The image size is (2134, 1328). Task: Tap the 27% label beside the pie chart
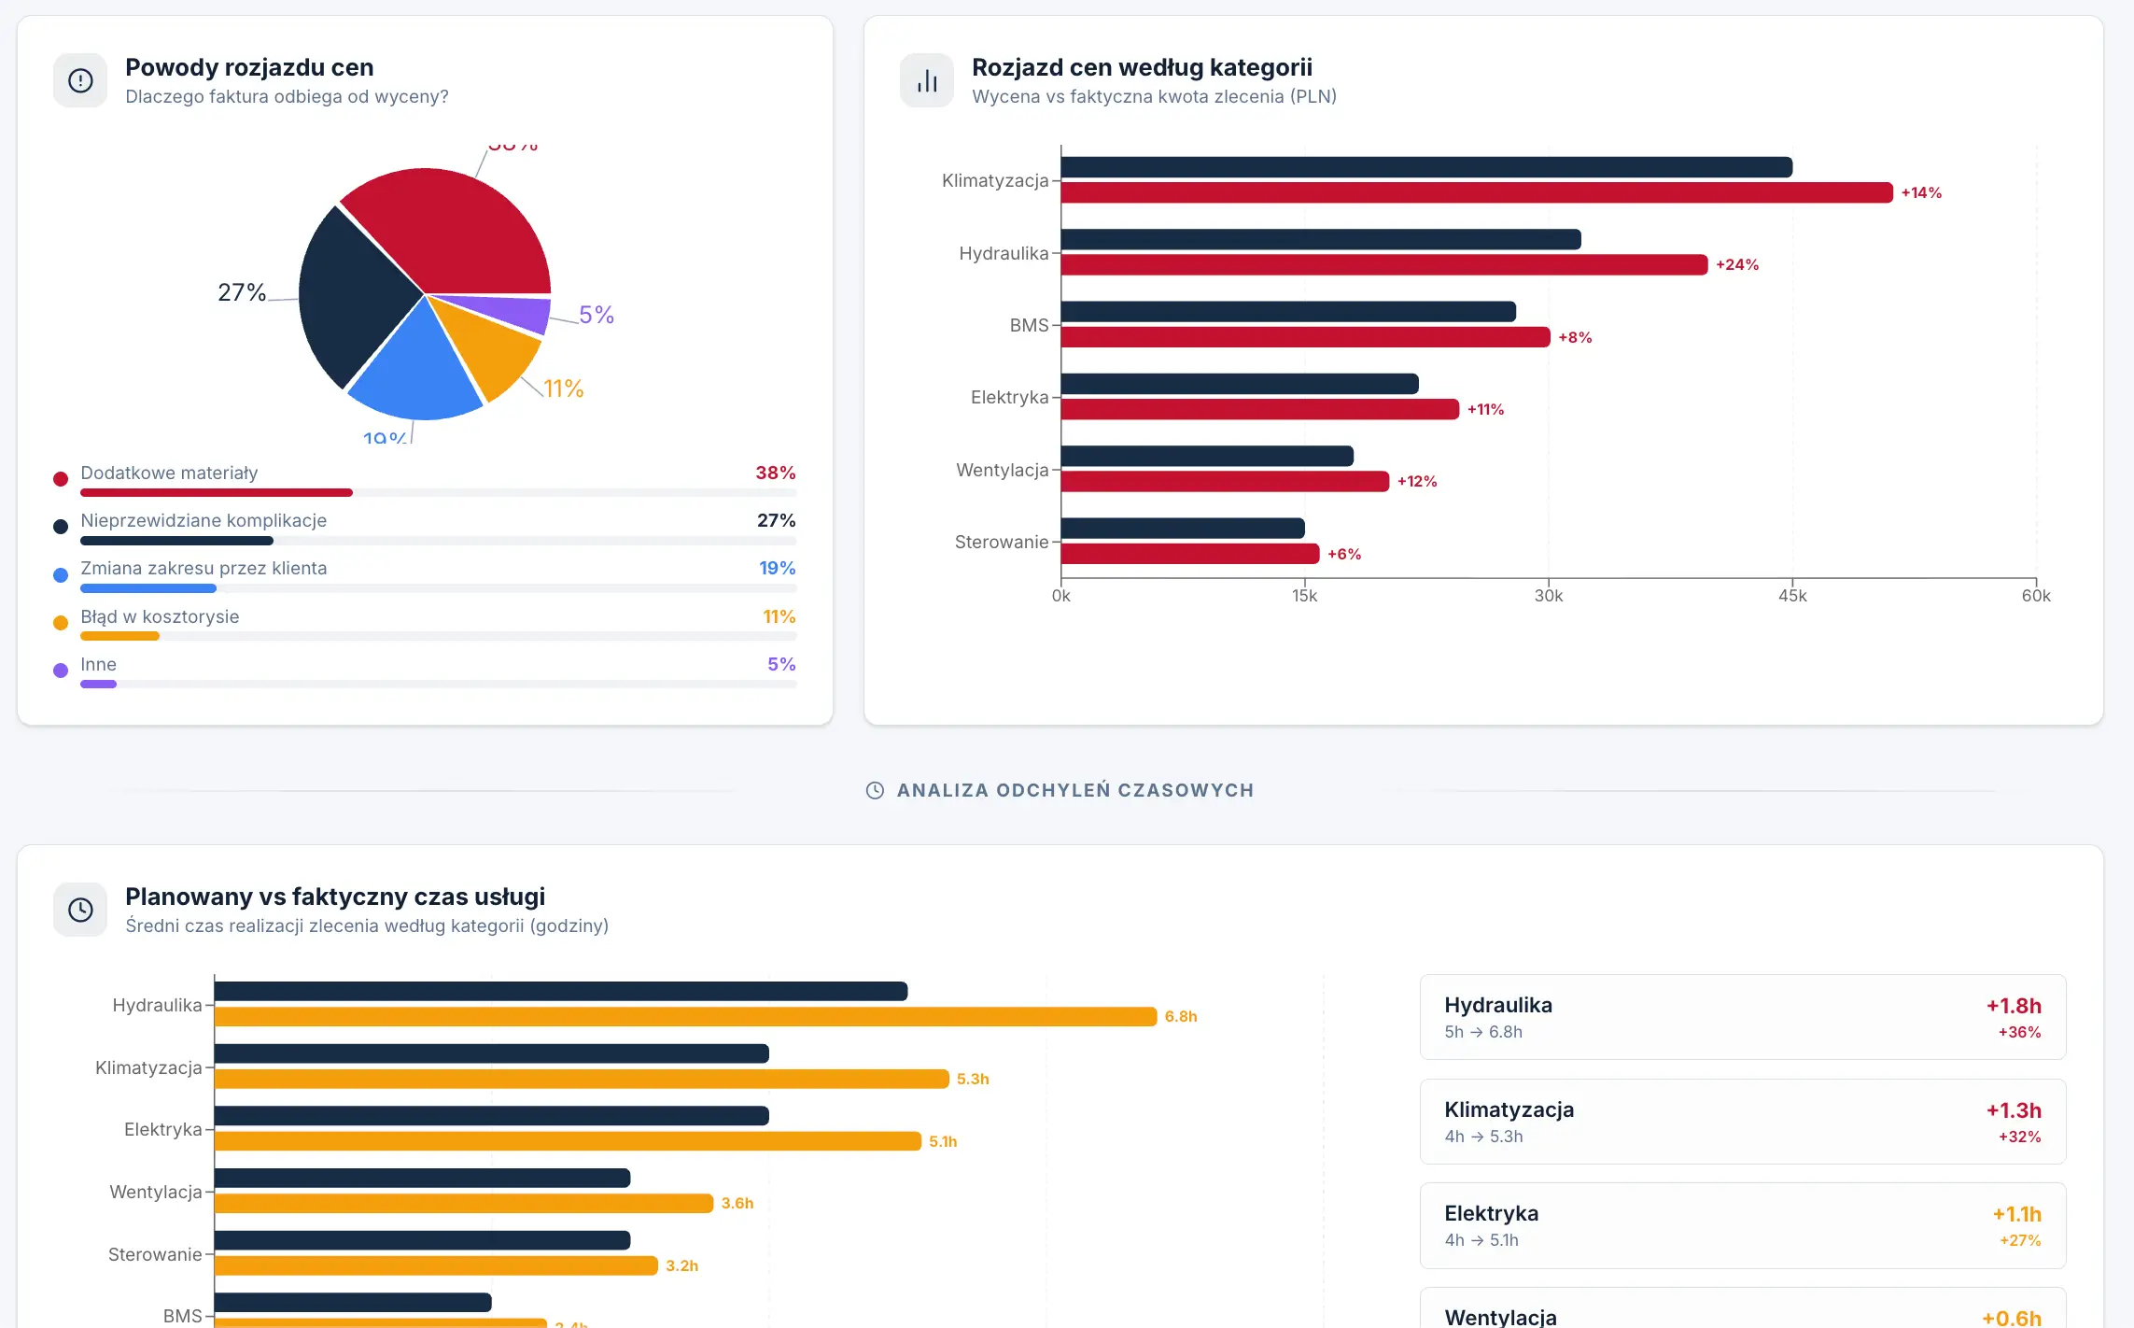coord(242,292)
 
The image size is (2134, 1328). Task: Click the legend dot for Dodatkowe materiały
coord(61,479)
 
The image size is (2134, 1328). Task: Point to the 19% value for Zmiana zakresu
coord(777,568)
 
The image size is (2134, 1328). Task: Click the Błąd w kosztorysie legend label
coord(160,616)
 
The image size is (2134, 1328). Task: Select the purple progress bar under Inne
coord(98,685)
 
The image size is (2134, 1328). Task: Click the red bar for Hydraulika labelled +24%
coord(1383,265)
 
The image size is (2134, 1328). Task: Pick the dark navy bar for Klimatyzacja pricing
coord(1425,167)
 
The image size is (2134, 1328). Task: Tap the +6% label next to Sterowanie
coord(1344,555)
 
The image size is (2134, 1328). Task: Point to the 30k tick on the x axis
coord(1548,596)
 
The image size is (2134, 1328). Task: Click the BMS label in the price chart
coord(1029,325)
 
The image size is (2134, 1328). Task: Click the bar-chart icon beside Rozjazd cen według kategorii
coord(926,81)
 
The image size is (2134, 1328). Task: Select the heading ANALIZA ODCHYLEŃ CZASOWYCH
coord(1074,790)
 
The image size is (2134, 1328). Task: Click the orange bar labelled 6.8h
coord(685,1017)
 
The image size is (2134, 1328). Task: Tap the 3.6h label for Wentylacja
coord(737,1204)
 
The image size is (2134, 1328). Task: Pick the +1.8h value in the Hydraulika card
coord(2013,1006)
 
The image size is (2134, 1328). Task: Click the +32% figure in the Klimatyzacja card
coord(2018,1137)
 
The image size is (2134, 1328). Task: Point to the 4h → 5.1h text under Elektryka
coord(1481,1240)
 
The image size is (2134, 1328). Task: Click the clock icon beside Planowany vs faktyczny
coord(80,911)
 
